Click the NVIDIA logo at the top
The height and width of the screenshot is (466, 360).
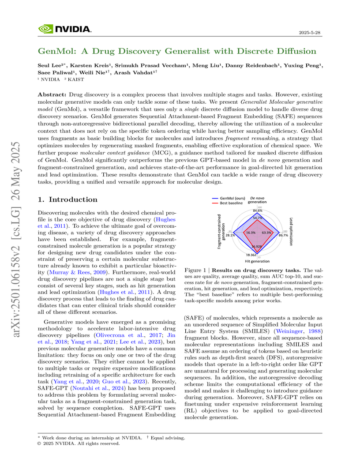[x=65, y=29]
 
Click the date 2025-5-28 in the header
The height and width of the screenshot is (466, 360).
[x=310, y=33]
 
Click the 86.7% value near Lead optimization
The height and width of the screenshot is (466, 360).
[x=283, y=236]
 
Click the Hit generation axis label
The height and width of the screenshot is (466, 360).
[x=257, y=261]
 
